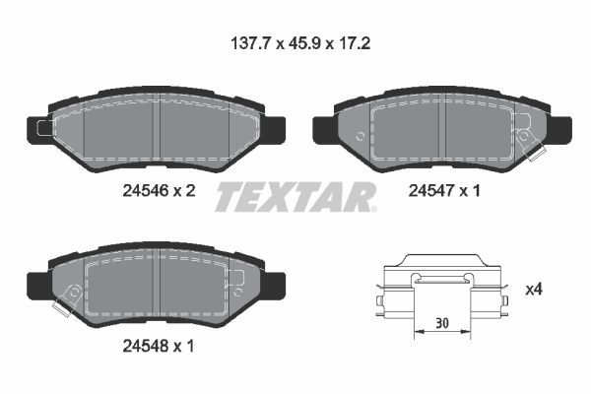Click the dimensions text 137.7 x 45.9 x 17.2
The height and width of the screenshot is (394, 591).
[295, 43]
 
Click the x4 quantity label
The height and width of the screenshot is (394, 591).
[534, 290]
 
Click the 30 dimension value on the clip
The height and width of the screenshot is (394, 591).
[443, 321]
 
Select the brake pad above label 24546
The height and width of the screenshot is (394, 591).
[158, 133]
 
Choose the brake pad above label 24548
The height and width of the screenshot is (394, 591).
[158, 286]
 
